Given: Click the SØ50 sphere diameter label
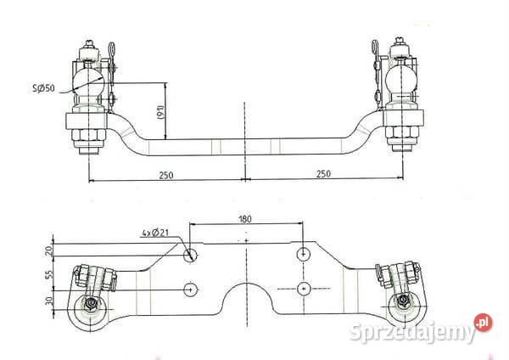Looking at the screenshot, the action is click(44, 88).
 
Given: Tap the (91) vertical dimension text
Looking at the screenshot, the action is click(161, 112).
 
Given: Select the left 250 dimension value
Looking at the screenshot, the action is click(166, 175).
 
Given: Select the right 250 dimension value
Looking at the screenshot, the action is click(324, 174).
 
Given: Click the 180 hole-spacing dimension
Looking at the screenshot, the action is click(245, 219).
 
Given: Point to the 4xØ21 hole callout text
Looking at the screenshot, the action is click(155, 233).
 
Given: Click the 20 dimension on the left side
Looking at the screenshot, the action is click(49, 250).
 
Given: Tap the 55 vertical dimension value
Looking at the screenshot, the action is click(49, 274).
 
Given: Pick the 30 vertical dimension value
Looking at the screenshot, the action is click(49, 301).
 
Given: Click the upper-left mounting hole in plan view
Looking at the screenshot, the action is click(191, 255).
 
